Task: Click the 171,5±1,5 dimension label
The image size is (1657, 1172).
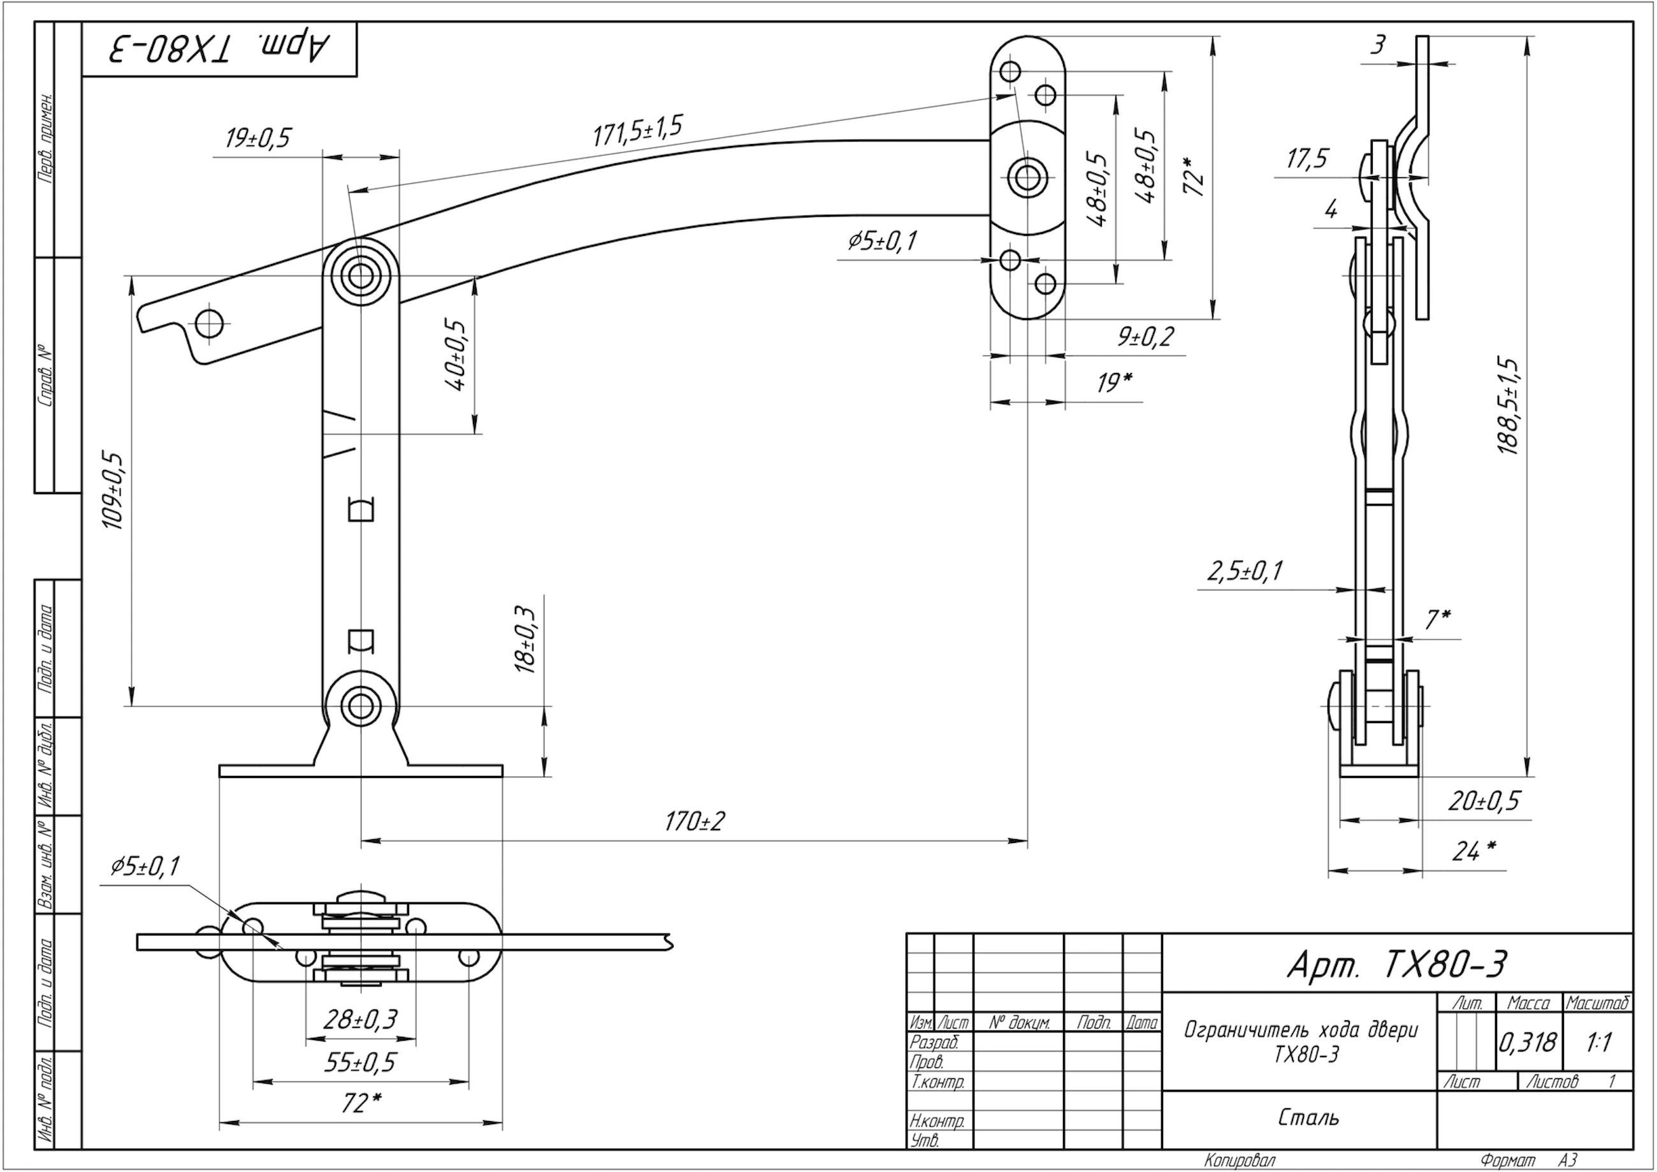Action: [x=637, y=131]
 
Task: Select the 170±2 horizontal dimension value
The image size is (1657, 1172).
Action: [x=695, y=821]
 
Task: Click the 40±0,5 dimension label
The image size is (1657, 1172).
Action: [x=457, y=355]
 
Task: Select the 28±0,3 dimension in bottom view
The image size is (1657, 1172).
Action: [x=360, y=1020]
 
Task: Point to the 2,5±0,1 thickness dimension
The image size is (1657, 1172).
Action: [x=1245, y=571]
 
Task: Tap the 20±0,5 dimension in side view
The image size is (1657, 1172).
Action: [x=1484, y=801]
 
